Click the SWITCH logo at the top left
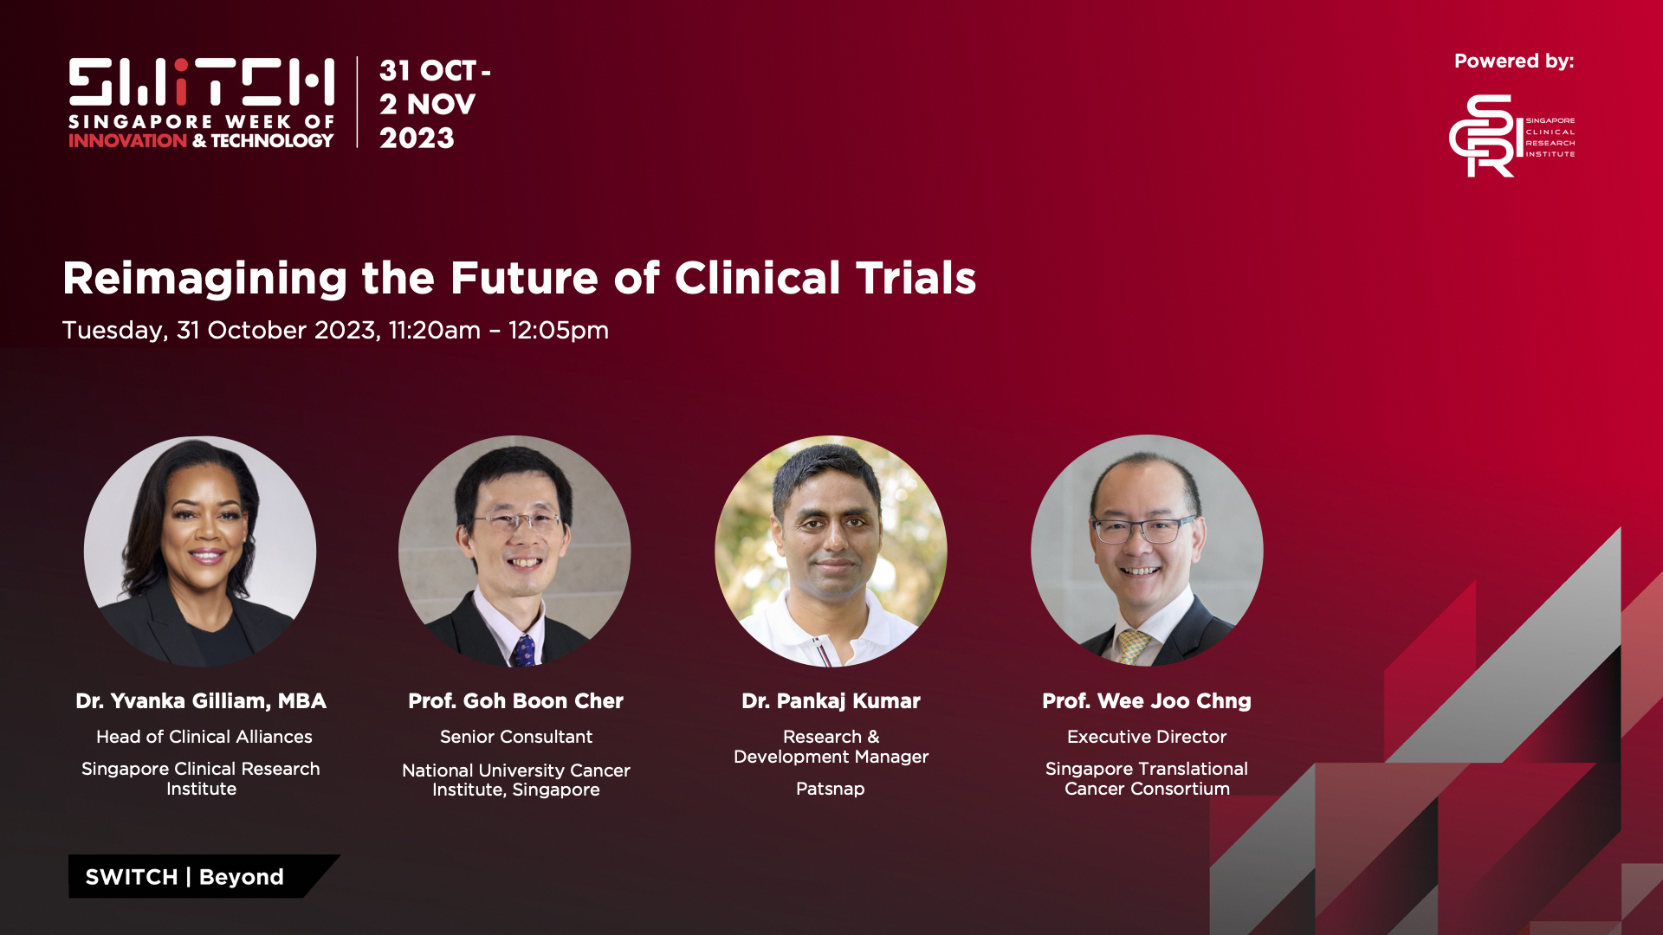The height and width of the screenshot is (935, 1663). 201,103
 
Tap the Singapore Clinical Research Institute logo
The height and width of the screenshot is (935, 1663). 1511,136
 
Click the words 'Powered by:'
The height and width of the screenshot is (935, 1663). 1514,61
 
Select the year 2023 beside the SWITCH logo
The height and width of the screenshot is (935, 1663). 417,138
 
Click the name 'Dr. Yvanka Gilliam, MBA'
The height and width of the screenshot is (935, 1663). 201,701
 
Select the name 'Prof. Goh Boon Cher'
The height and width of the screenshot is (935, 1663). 515,701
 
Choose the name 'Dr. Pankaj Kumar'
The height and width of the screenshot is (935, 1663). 831,701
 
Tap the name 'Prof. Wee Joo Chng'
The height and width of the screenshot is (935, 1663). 1147,701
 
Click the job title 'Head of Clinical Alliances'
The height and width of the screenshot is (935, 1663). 204,737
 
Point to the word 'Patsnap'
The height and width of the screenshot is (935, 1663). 831,789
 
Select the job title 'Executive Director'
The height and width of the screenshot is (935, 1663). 1147,737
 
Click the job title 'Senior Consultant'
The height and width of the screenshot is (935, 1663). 516,737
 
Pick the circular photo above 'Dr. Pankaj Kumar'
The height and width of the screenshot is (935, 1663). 831,551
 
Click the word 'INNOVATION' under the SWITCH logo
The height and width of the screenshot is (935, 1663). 128,140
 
